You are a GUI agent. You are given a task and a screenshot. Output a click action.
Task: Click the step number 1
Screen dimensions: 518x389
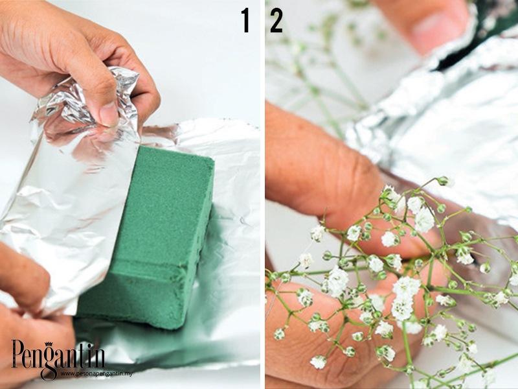pos(245,21)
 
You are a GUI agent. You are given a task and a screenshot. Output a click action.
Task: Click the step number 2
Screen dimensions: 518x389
pos(276,21)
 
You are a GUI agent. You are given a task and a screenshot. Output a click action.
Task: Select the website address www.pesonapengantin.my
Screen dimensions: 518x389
pos(96,373)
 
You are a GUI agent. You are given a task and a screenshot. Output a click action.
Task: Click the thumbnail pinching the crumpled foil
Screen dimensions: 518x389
pos(109,113)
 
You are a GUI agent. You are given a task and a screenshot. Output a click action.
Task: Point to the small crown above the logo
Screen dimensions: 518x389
pos(49,344)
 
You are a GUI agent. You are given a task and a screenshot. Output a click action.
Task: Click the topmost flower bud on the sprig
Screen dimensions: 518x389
pos(444,181)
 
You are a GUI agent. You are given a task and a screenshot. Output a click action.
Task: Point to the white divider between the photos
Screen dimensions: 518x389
pos(262,194)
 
